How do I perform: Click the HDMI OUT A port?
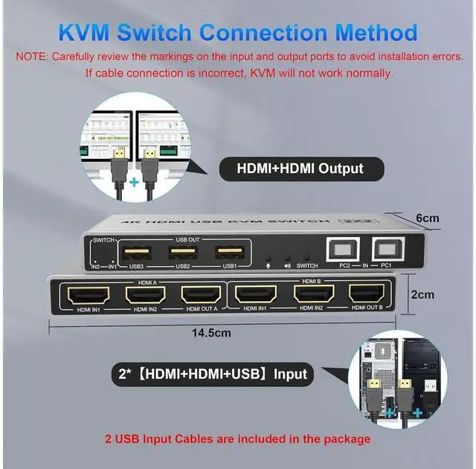pyautogui.click(x=199, y=295)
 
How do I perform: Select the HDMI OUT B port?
pyautogui.click(x=367, y=295)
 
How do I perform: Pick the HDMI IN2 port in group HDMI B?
pyautogui.click(x=311, y=295)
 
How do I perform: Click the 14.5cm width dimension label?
pyautogui.click(x=210, y=334)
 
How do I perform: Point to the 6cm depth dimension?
pyautogui.click(x=427, y=218)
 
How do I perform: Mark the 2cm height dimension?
pyautogui.click(x=423, y=294)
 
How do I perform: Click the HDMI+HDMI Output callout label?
pyautogui.click(x=300, y=168)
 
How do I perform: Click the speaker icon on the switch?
pyautogui.click(x=286, y=265)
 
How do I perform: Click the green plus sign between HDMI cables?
pyautogui.click(x=135, y=181)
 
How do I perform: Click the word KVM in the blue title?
pyautogui.click(x=92, y=33)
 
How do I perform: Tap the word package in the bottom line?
pyautogui.click(x=340, y=439)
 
